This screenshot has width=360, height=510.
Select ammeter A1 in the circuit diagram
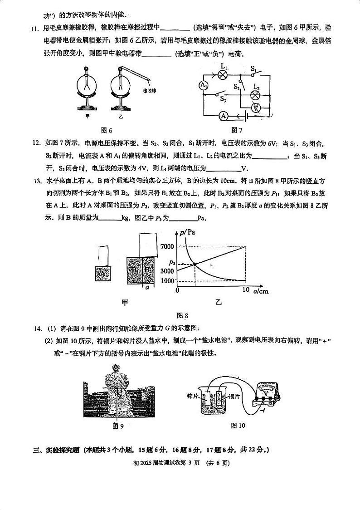[204, 85]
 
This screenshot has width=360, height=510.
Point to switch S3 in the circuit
[223, 96]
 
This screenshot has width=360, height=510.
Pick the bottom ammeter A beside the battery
[223, 117]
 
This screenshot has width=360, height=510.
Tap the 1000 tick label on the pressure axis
[167, 280]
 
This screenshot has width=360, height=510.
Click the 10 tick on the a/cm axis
[246, 290]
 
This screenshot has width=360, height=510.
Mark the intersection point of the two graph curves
[195, 264]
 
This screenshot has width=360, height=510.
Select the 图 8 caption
[182, 315]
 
